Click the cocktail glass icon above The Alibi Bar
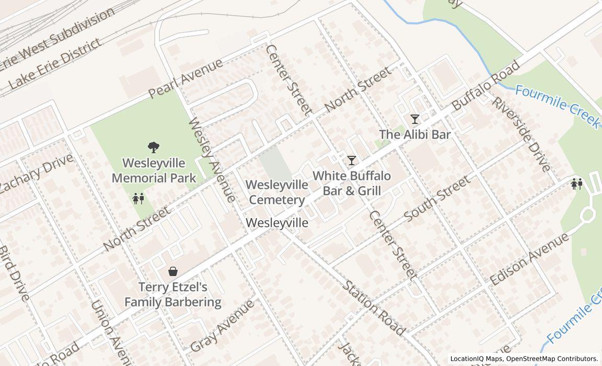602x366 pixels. tap(414, 119)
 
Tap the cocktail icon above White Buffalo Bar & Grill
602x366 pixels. tap(352, 160)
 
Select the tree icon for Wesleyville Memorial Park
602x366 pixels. tap(154, 147)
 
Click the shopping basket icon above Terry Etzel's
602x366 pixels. tap(173, 271)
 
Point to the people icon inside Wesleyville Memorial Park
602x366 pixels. tap(138, 199)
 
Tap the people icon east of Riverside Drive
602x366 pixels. tap(577, 184)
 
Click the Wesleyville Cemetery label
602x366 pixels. tap(277, 192)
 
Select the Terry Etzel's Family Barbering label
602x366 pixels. tap(172, 294)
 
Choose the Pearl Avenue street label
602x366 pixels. tap(186, 78)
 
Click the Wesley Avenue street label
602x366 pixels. tap(211, 160)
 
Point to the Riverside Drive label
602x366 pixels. tap(520, 134)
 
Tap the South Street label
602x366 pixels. tap(437, 198)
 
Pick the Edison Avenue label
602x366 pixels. tap(529, 259)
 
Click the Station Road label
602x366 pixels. tap(374, 308)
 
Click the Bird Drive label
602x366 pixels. tap(13, 273)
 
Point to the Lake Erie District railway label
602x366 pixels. tap(55, 63)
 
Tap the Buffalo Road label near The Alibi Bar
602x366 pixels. tap(486, 85)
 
